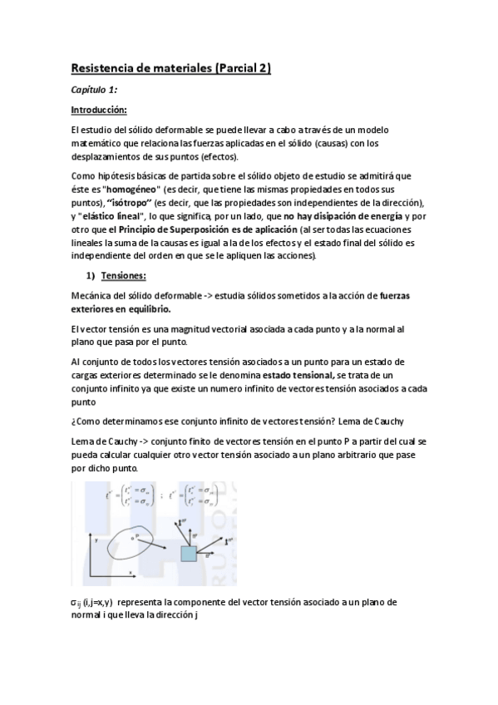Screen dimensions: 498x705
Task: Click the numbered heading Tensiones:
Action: tap(124, 275)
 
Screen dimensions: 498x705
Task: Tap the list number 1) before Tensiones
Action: tap(91, 275)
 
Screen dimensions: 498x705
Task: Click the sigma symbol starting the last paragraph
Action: tap(75, 601)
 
